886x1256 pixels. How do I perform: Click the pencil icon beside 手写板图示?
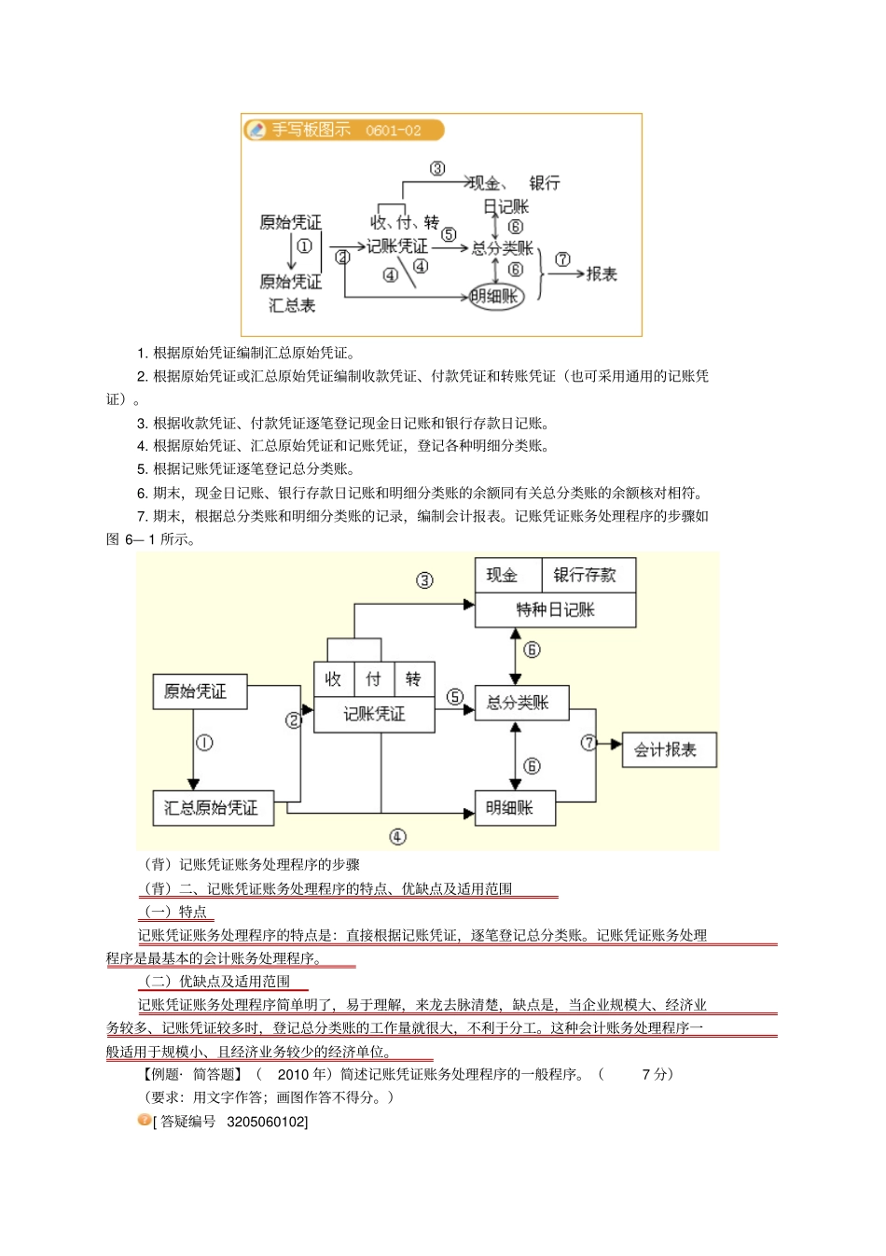pos(256,130)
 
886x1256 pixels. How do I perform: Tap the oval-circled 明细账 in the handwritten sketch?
pos(495,297)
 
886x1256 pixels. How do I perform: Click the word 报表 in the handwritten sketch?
pos(602,273)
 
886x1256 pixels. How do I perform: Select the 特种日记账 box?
pos(555,609)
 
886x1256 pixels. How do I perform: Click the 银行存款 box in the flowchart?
pos(585,575)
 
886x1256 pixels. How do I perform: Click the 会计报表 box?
pos(668,749)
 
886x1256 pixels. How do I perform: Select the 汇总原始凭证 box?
pos(212,808)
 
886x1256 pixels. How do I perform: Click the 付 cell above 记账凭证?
pos(374,679)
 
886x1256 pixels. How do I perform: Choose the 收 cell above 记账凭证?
pos(334,679)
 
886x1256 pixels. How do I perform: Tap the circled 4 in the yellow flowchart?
pos(397,837)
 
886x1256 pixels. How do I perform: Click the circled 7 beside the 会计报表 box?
pos(588,743)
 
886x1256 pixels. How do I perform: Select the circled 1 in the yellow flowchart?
pos(204,743)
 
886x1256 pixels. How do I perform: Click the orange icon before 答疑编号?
pos(145,1120)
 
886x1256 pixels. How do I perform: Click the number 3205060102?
pos(267,1121)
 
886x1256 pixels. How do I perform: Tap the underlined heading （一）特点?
pos(175,912)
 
